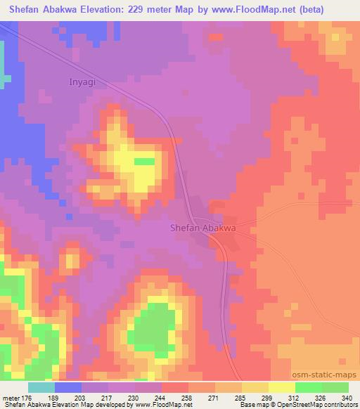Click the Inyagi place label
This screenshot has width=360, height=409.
(x=82, y=82)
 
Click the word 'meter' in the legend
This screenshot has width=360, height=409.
(x=11, y=397)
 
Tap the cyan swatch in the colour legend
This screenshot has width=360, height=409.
(x=41, y=387)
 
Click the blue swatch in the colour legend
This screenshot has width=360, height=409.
(x=68, y=387)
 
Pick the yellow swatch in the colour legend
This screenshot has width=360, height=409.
(x=281, y=387)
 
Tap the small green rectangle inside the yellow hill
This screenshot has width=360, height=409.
(x=145, y=161)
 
